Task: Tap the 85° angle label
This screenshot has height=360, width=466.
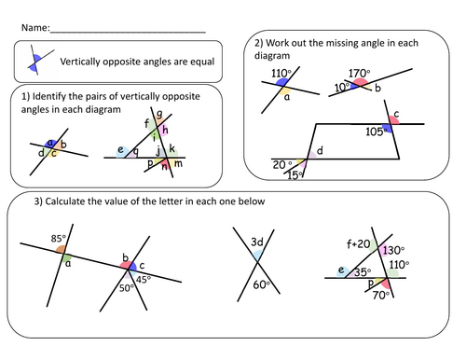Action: [59, 236]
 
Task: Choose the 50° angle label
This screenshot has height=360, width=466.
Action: [125, 288]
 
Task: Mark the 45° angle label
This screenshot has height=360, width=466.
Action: [144, 277]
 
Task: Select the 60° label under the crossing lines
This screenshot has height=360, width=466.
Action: [263, 284]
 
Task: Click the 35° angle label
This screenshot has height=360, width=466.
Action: [363, 274]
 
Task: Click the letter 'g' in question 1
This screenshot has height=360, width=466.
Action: [160, 115]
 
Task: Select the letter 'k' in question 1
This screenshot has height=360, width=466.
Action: [172, 147]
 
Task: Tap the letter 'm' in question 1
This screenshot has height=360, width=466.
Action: [178, 162]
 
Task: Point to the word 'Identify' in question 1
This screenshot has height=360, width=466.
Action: [50, 97]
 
